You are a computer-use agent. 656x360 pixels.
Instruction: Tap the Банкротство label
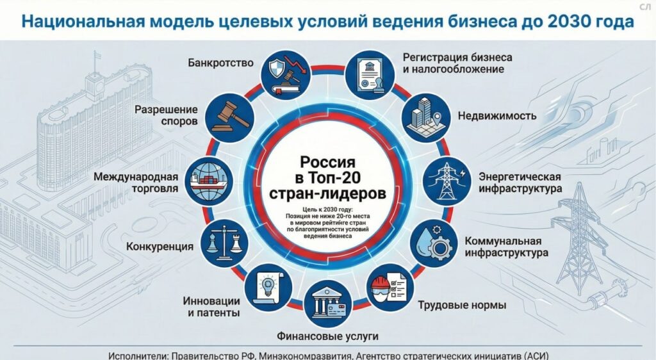tap(220, 63)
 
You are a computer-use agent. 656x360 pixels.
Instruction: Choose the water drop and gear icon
tap(431, 243)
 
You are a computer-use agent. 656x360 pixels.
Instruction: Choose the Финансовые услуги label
tap(327, 336)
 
